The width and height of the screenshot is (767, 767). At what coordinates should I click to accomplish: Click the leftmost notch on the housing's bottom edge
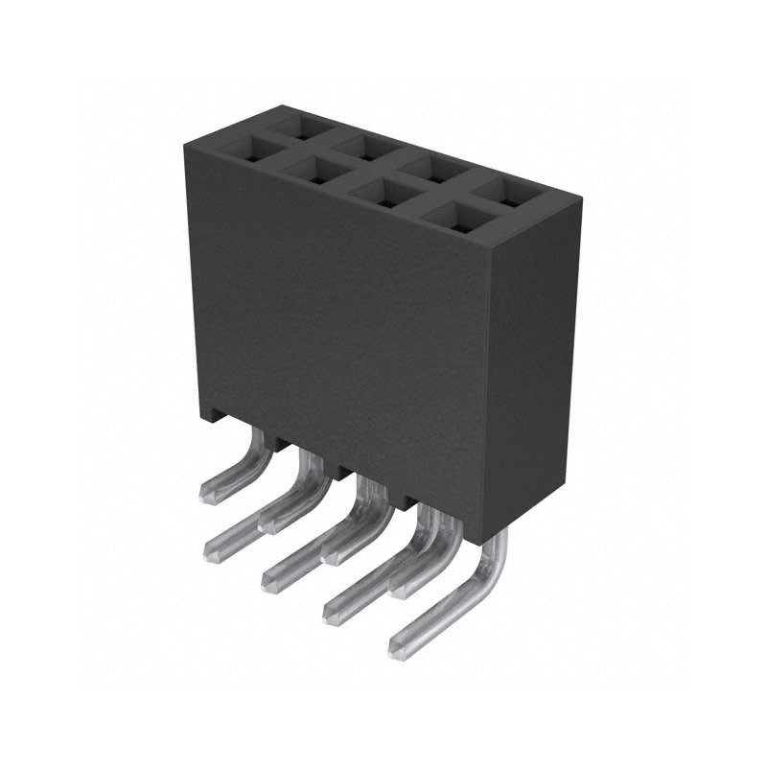[x=280, y=443]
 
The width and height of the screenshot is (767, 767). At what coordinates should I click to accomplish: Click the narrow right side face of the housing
[x=542, y=364]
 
